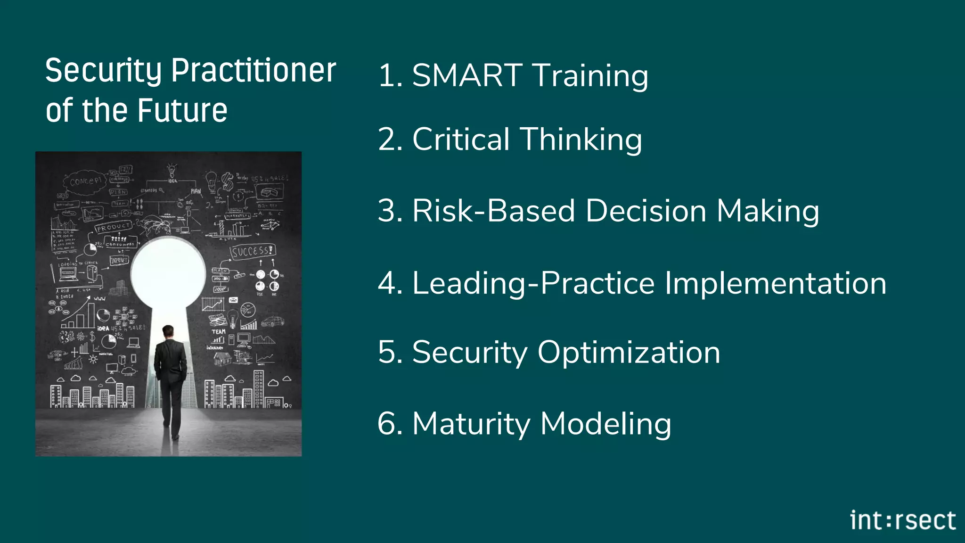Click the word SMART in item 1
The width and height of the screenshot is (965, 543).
coord(467,75)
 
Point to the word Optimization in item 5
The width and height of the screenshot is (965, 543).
coord(629,353)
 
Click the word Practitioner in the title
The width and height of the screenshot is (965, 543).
coord(254,71)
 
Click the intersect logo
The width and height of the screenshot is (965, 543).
coord(902,520)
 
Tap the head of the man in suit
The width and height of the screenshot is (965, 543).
coord(168,332)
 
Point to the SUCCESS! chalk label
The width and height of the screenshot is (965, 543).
coord(252,251)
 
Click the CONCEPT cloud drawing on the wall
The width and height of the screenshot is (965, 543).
coord(85,181)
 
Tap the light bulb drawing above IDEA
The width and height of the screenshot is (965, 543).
coord(172,170)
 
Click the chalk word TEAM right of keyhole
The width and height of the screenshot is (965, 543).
coord(218,331)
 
